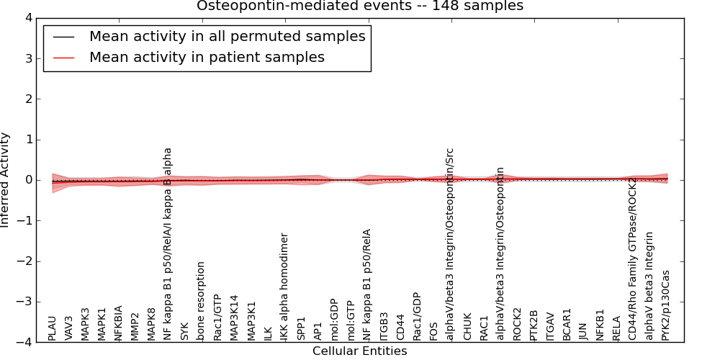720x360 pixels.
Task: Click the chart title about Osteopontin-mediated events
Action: tap(360, 6)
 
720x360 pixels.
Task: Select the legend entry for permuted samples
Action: tap(227, 37)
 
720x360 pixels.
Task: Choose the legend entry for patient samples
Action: tap(207, 58)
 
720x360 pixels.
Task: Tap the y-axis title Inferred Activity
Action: tap(6, 180)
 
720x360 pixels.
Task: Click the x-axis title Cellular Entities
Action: tap(359, 351)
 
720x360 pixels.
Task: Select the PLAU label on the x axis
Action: tap(52, 328)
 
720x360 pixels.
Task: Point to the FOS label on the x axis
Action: tap(433, 330)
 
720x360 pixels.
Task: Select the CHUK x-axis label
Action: tap(467, 326)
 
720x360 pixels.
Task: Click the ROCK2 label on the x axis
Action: tap(517, 325)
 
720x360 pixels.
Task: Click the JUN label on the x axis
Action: tap(583, 330)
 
